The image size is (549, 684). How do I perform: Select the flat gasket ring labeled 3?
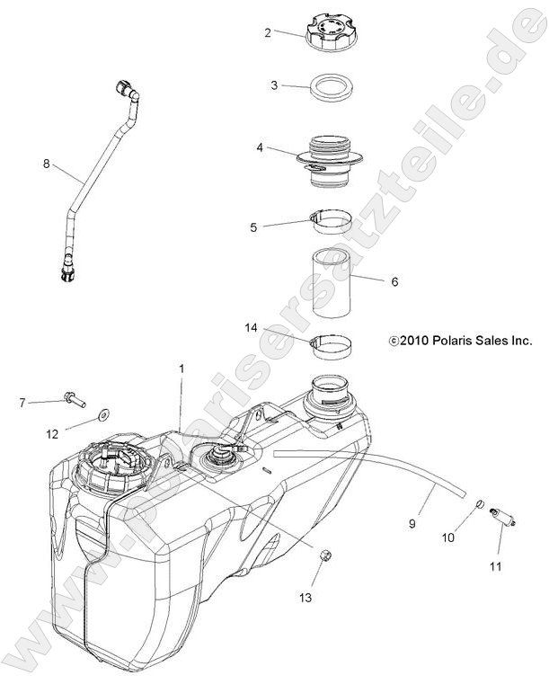(333, 90)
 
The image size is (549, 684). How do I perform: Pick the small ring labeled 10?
(480, 504)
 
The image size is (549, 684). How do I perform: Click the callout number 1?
(181, 369)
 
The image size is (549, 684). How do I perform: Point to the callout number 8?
(48, 164)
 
